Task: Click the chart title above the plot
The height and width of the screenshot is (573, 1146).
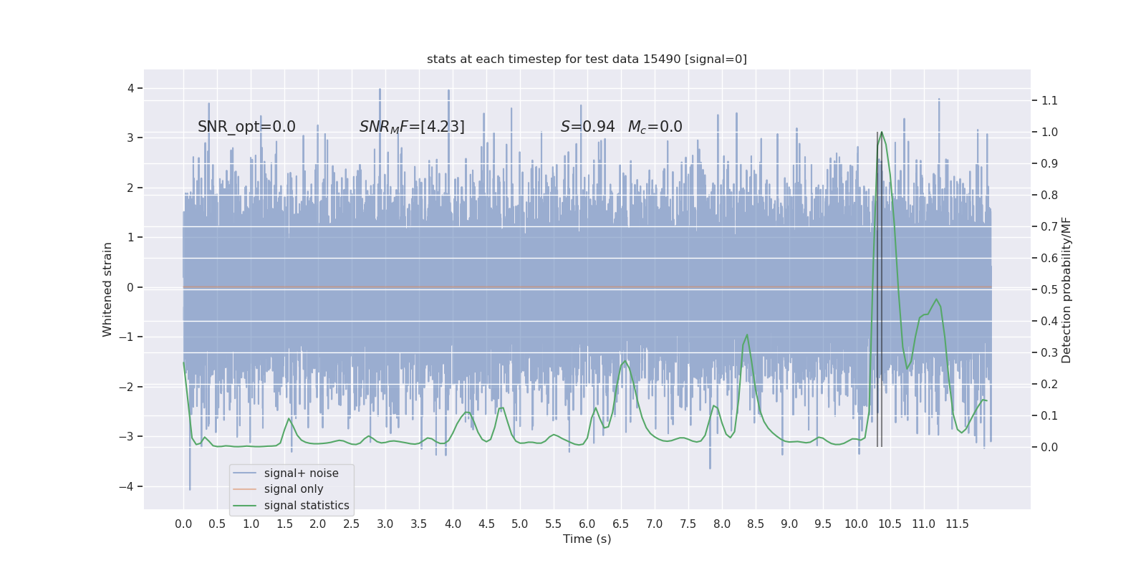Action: click(x=587, y=59)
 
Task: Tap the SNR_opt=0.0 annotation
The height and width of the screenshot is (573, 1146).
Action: click(x=246, y=127)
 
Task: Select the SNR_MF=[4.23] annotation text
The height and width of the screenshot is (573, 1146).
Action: click(x=412, y=127)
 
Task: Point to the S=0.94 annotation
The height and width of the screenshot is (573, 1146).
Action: click(x=587, y=127)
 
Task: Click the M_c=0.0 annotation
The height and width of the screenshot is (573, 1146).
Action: click(x=655, y=127)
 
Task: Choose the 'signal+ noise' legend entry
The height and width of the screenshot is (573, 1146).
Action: click(x=301, y=473)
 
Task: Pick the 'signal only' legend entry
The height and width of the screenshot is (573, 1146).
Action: click(x=294, y=489)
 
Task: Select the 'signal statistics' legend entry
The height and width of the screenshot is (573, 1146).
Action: click(x=307, y=506)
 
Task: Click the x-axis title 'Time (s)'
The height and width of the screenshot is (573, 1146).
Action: click(x=587, y=539)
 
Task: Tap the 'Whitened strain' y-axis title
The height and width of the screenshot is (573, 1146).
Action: click(x=107, y=289)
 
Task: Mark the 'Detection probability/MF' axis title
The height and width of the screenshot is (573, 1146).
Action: click(x=1066, y=290)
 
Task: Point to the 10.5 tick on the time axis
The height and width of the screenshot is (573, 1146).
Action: click(x=890, y=524)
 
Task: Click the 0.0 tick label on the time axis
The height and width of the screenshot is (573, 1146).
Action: click(x=183, y=524)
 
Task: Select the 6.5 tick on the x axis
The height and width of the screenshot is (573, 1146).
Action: click(x=621, y=524)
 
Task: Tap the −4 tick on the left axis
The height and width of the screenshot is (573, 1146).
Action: click(x=130, y=487)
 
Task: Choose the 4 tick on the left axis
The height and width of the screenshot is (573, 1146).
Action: click(x=131, y=89)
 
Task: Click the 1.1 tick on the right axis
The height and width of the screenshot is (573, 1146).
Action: click(x=1049, y=101)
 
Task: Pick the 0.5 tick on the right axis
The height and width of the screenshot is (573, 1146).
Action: click(x=1049, y=290)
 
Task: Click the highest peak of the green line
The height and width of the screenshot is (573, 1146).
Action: click(x=881, y=133)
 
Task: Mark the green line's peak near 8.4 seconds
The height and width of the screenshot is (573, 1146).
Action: click(x=747, y=335)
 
